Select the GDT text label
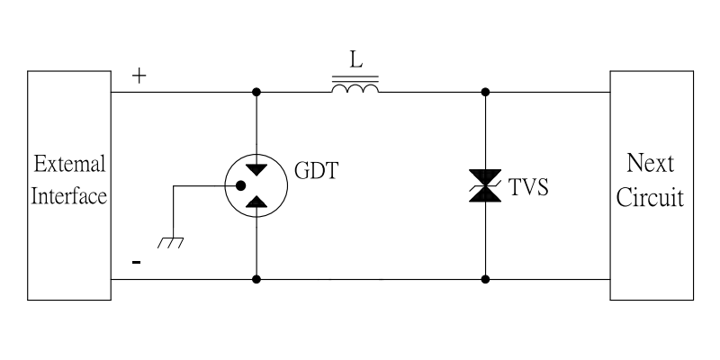point(316,170)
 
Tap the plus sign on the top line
point(139,76)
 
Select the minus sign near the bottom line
point(137,263)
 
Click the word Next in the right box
point(652,165)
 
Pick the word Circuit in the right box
point(652,196)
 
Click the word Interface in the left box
point(70,196)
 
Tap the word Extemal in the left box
point(70,166)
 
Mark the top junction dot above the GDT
point(257,92)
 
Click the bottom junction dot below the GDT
point(257,280)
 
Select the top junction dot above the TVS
point(486,92)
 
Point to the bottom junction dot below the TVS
point(486,280)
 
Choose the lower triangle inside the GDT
point(257,204)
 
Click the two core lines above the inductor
point(355,79)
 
